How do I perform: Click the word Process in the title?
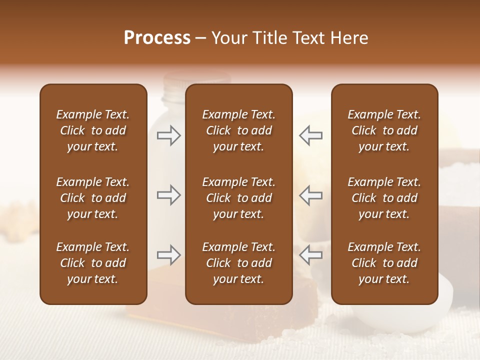pyautogui.click(x=157, y=38)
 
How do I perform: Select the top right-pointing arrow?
pyautogui.click(x=169, y=135)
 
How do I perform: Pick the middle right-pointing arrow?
pyautogui.click(x=169, y=195)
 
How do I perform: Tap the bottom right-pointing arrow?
pyautogui.click(x=169, y=255)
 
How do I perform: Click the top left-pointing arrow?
pyautogui.click(x=310, y=135)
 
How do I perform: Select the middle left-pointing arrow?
pyautogui.click(x=310, y=195)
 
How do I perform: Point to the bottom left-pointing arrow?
pyautogui.click(x=310, y=255)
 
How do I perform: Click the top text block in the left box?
pyautogui.click(x=93, y=130)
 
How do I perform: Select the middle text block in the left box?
pyautogui.click(x=93, y=198)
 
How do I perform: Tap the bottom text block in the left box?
pyautogui.click(x=93, y=263)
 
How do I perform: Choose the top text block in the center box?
pyautogui.click(x=238, y=130)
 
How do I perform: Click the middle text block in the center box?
pyautogui.click(x=238, y=198)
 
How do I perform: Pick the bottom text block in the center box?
pyautogui.click(x=238, y=263)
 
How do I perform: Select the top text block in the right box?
pyautogui.click(x=384, y=130)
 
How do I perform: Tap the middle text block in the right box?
pyautogui.click(x=384, y=198)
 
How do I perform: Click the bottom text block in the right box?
pyautogui.click(x=384, y=263)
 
